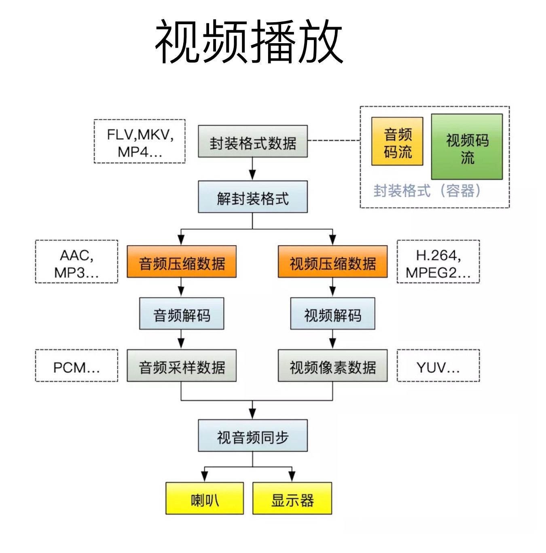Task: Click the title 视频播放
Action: [x=249, y=42]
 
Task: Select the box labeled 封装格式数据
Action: [x=252, y=141]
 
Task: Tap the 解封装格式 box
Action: [x=252, y=197]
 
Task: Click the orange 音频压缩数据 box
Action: [x=181, y=262]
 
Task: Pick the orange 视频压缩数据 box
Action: [x=332, y=262]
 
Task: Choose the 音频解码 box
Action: [x=181, y=314]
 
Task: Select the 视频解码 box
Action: [x=332, y=314]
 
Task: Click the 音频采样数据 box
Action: [x=181, y=366]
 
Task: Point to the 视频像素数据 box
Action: [x=332, y=366]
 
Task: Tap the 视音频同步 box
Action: [x=252, y=436]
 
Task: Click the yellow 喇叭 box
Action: [x=205, y=499]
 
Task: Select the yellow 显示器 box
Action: [x=292, y=499]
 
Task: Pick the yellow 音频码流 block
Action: [x=397, y=141]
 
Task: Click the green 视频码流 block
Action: [x=467, y=147]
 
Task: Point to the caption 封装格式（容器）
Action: [x=427, y=190]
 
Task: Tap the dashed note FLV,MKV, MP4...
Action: [x=140, y=142]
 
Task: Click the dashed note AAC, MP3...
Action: [x=76, y=262]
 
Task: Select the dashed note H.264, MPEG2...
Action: [x=438, y=262]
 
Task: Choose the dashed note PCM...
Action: [x=76, y=366]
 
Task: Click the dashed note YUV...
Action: [x=438, y=366]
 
